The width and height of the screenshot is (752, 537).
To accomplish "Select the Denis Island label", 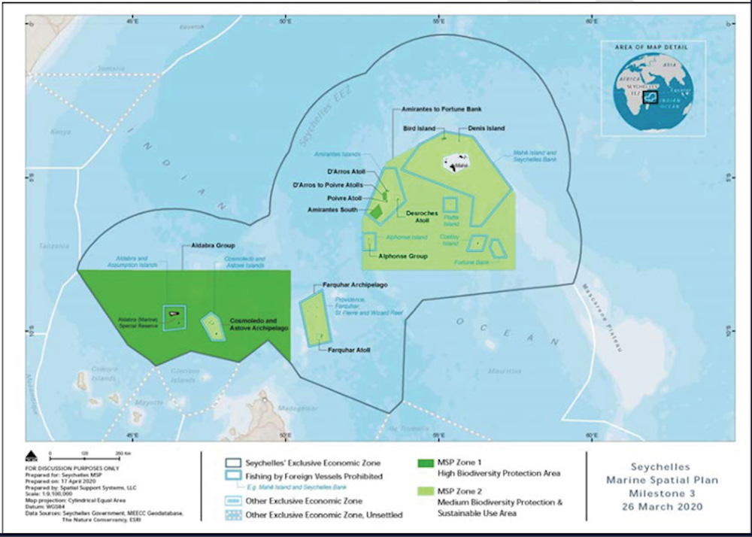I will tap(486, 129).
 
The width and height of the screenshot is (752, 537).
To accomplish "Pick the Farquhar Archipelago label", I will tap(356, 286).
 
